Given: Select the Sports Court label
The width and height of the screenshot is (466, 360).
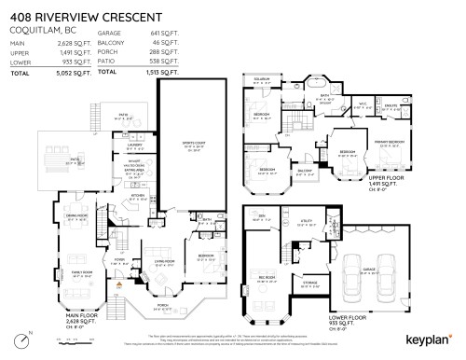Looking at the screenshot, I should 192,144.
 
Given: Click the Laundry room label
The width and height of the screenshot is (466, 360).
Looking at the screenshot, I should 134,145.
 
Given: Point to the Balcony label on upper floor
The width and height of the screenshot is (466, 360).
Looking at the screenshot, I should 304,171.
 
